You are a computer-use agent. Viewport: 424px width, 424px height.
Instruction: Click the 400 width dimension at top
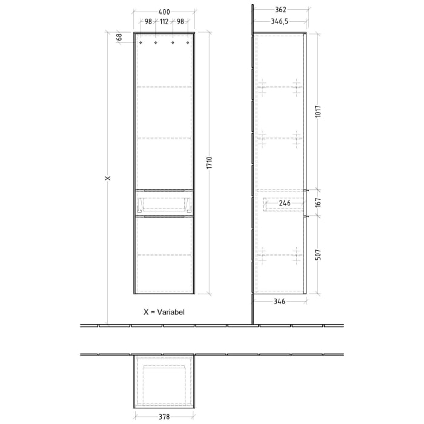[164, 12]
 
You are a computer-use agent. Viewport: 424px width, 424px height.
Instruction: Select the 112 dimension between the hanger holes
[164, 22]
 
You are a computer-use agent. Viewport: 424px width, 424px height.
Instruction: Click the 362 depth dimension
[279, 10]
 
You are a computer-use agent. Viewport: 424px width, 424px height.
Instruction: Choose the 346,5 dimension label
[279, 22]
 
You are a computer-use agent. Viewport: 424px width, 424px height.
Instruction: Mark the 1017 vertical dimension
[319, 111]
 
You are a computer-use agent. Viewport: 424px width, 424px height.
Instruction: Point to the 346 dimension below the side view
[279, 301]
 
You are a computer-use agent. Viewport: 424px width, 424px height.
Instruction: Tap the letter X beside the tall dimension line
[107, 178]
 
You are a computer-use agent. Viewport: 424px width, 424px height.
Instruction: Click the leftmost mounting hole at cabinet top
[141, 43]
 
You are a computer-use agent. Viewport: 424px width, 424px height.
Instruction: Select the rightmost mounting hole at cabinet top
[188, 43]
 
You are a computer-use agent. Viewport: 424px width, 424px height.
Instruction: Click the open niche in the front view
[164, 202]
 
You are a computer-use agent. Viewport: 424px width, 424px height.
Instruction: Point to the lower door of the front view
[164, 254]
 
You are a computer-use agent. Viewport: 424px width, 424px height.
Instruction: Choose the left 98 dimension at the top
[148, 22]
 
